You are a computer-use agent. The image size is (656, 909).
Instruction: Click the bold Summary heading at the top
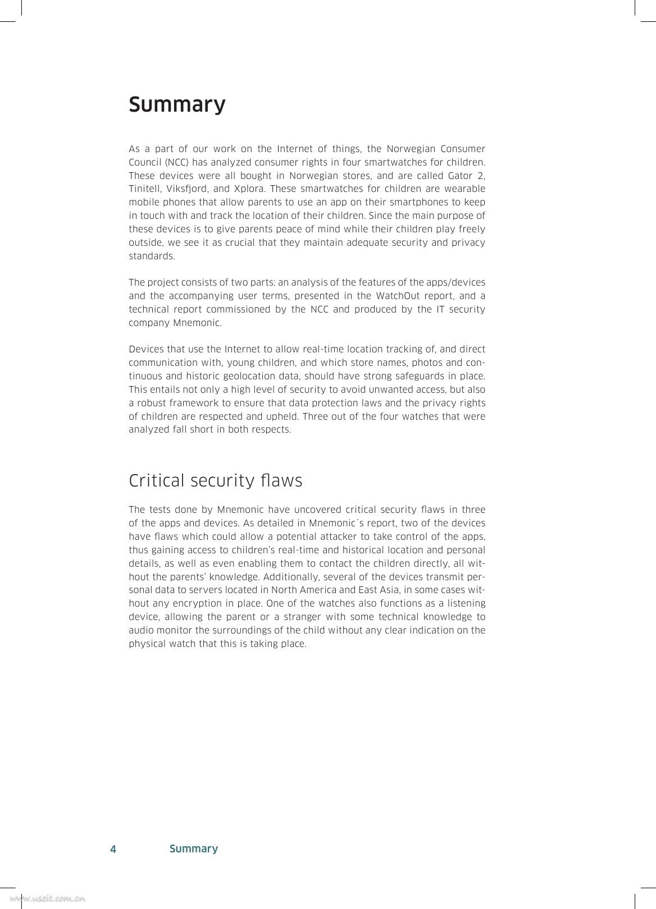point(177,105)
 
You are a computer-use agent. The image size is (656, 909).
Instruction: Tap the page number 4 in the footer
point(113,849)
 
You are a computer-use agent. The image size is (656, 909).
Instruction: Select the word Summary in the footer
point(193,848)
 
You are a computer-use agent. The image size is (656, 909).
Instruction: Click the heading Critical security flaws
point(215,481)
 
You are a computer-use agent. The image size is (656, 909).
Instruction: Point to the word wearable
point(467,189)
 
